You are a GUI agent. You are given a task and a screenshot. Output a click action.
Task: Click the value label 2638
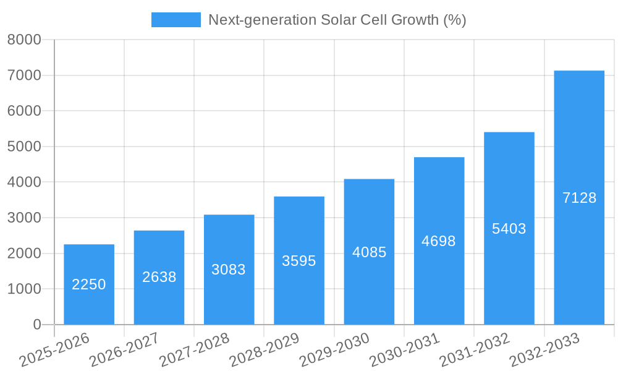159,277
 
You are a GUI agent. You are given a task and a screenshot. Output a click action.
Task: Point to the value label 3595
298,261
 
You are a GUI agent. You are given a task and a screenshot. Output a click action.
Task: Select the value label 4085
369,252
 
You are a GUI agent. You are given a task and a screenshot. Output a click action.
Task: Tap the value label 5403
509,229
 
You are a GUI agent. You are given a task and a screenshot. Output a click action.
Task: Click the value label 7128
579,198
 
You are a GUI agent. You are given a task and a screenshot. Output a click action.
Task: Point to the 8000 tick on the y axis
24,40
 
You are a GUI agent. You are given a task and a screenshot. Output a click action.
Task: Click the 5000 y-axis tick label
24,147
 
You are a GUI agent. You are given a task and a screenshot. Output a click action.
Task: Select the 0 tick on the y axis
37,325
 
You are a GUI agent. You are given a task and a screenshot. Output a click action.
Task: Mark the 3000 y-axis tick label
24,218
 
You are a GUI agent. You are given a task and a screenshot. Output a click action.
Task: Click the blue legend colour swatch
176,20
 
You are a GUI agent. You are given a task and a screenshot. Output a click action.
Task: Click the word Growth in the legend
415,20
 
